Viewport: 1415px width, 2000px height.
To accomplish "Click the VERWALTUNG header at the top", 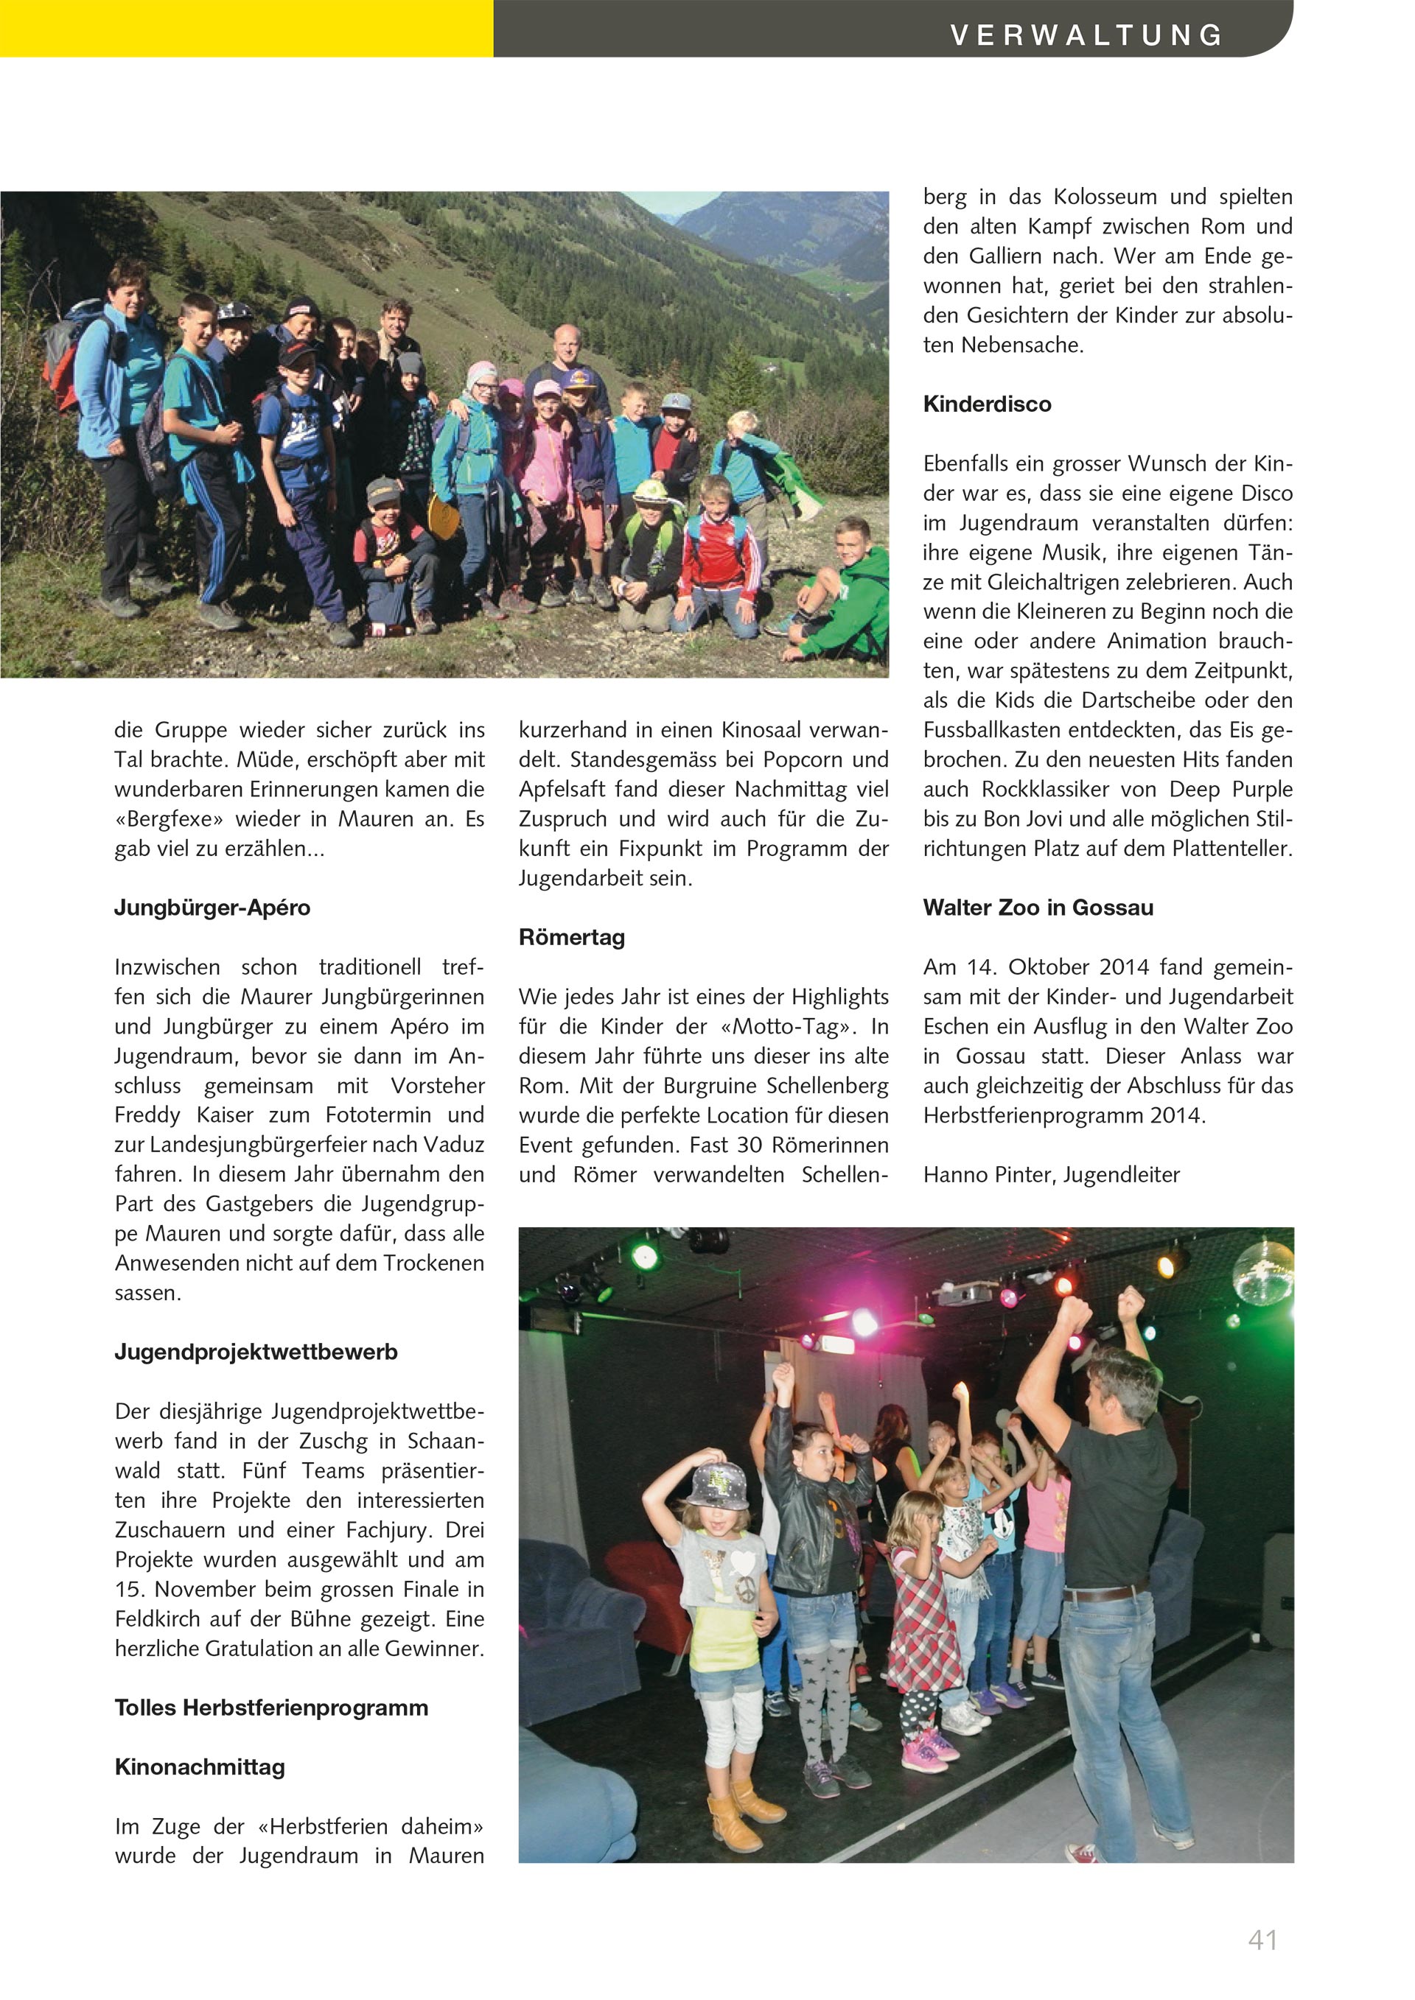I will click(1086, 35).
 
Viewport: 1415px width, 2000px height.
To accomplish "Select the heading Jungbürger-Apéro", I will click(212, 908).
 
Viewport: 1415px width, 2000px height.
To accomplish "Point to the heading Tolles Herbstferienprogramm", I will click(271, 1708).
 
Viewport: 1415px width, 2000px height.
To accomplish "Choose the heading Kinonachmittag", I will click(200, 1766).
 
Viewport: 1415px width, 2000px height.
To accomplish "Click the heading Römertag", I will click(572, 937).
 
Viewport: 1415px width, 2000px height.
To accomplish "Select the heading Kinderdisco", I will click(988, 404).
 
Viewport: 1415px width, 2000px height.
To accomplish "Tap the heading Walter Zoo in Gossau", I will click(1038, 908).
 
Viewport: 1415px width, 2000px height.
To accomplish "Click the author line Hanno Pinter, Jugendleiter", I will click(1051, 1174).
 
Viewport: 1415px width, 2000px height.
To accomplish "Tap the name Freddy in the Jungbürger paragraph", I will click(147, 1115).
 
